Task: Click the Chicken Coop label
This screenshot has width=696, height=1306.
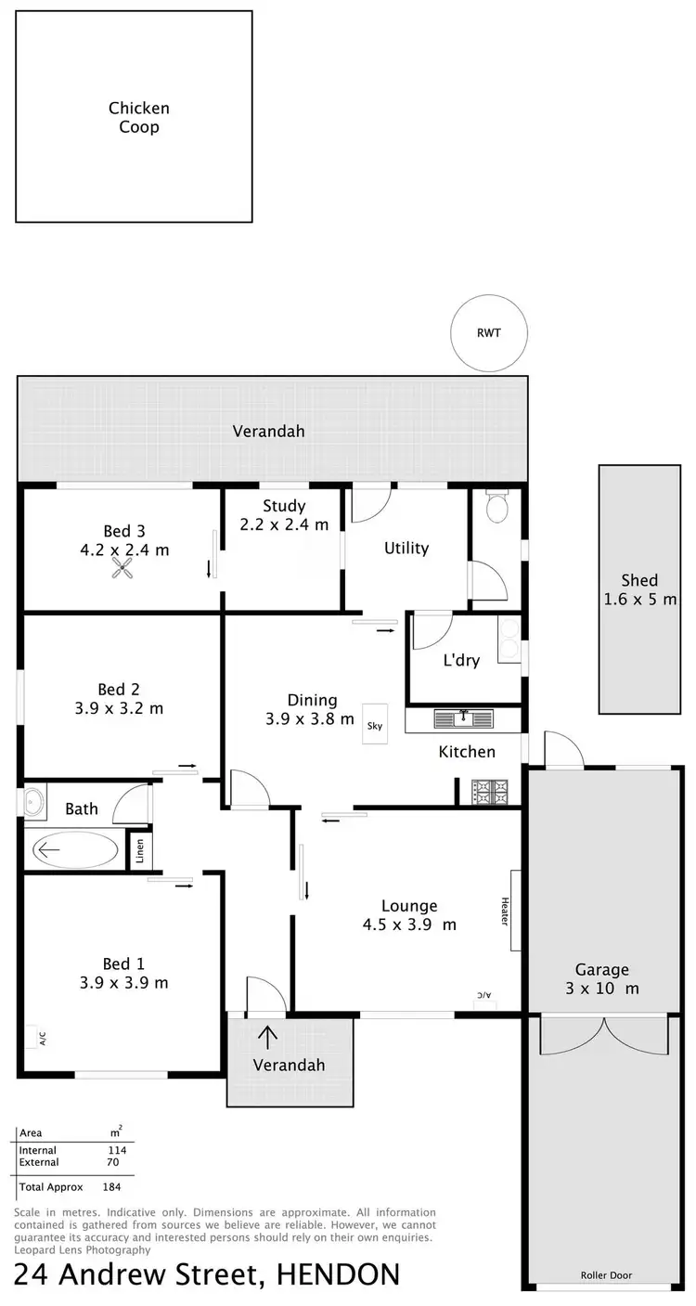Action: (138, 118)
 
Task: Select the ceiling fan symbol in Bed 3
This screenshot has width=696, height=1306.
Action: (122, 570)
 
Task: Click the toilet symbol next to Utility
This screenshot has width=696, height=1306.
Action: (497, 509)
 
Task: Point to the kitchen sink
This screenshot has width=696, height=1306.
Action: (464, 718)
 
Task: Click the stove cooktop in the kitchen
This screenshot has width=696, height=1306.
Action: (491, 792)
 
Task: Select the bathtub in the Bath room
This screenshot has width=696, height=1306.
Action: (75, 849)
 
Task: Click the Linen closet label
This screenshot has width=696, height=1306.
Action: (139, 850)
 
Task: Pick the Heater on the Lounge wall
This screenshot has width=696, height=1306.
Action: (514, 911)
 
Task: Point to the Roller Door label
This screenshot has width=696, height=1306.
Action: (607, 1275)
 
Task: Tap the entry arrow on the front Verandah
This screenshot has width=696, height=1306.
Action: (269, 1035)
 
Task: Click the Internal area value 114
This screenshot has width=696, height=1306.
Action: (116, 1150)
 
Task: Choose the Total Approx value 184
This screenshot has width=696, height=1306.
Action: (113, 1186)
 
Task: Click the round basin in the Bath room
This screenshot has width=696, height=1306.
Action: (34, 800)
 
